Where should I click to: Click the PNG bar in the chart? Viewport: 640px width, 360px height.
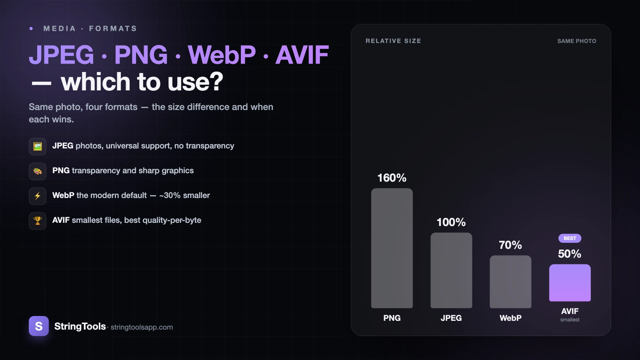(x=392, y=248)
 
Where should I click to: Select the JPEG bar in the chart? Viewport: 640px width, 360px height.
(x=451, y=270)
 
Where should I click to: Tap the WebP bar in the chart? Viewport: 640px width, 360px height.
(x=510, y=282)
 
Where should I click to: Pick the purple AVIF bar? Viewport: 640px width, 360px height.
(x=570, y=282)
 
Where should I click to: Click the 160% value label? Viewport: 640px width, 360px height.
(x=392, y=178)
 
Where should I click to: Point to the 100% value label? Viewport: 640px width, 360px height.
(x=451, y=222)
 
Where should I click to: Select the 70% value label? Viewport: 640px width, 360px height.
(x=510, y=245)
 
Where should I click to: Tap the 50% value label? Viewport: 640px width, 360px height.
(x=570, y=254)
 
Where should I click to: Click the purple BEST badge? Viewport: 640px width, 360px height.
(x=570, y=238)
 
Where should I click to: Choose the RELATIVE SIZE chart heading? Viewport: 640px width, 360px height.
(x=393, y=41)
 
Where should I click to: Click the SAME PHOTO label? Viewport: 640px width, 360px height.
(x=576, y=41)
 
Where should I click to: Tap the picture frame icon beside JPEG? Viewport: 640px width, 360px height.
(x=38, y=146)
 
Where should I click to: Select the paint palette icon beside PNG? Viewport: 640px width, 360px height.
(x=38, y=171)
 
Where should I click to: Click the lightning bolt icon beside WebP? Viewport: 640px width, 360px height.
(x=38, y=196)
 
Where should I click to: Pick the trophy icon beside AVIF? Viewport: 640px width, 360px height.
(x=38, y=221)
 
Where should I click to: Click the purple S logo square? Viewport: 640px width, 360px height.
(x=38, y=326)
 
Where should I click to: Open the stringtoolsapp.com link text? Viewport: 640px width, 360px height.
(x=142, y=327)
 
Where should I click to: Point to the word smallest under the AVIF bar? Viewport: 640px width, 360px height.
(x=570, y=320)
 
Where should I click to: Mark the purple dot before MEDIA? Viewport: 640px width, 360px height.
(x=31, y=28)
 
